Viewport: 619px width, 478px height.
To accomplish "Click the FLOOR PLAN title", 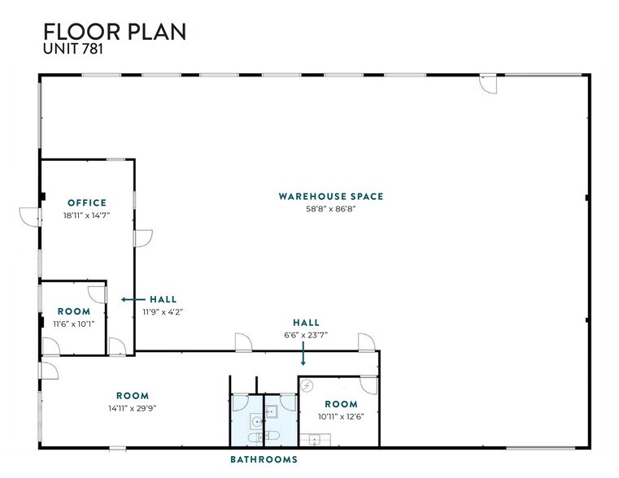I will click(x=115, y=32).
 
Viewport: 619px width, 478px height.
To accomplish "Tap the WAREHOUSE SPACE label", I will click(x=330, y=196).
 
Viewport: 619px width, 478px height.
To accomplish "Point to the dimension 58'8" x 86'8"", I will click(x=330, y=209).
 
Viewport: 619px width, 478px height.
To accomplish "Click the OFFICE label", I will click(x=87, y=202).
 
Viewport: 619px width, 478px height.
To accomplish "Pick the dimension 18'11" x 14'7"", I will click(x=87, y=215).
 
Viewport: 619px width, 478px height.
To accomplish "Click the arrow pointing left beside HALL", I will click(x=129, y=299).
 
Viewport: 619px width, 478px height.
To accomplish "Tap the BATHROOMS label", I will click(x=264, y=459).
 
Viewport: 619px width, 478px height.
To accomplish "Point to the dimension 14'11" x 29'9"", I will click(x=132, y=408).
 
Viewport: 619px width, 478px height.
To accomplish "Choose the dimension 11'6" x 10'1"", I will click(x=73, y=324).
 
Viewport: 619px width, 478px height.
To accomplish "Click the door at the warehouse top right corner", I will click(x=488, y=84).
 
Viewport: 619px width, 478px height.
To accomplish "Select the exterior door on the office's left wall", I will click(x=29, y=216).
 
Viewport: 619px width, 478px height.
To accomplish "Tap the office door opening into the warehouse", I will click(x=143, y=237).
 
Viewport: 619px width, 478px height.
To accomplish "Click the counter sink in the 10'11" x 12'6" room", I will click(x=313, y=440).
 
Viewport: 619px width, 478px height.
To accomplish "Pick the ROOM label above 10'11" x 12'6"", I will click(x=341, y=404).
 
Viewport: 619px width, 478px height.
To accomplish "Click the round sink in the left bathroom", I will click(x=256, y=421).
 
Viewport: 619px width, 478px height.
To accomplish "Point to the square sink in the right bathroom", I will click(x=271, y=411).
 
